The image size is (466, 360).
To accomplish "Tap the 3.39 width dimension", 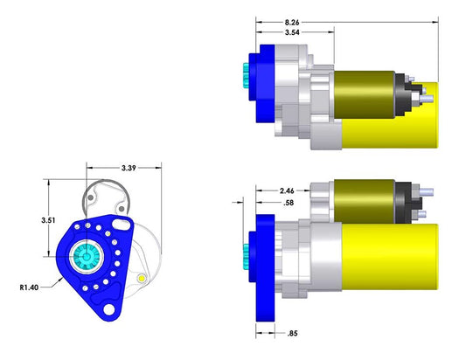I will pyautogui.click(x=128, y=167).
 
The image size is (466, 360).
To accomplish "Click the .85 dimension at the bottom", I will pyautogui.click(x=294, y=332).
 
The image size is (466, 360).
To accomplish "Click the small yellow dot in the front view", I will pyautogui.click(x=141, y=279).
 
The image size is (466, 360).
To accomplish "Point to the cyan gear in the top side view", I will pyautogui.click(x=241, y=80).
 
